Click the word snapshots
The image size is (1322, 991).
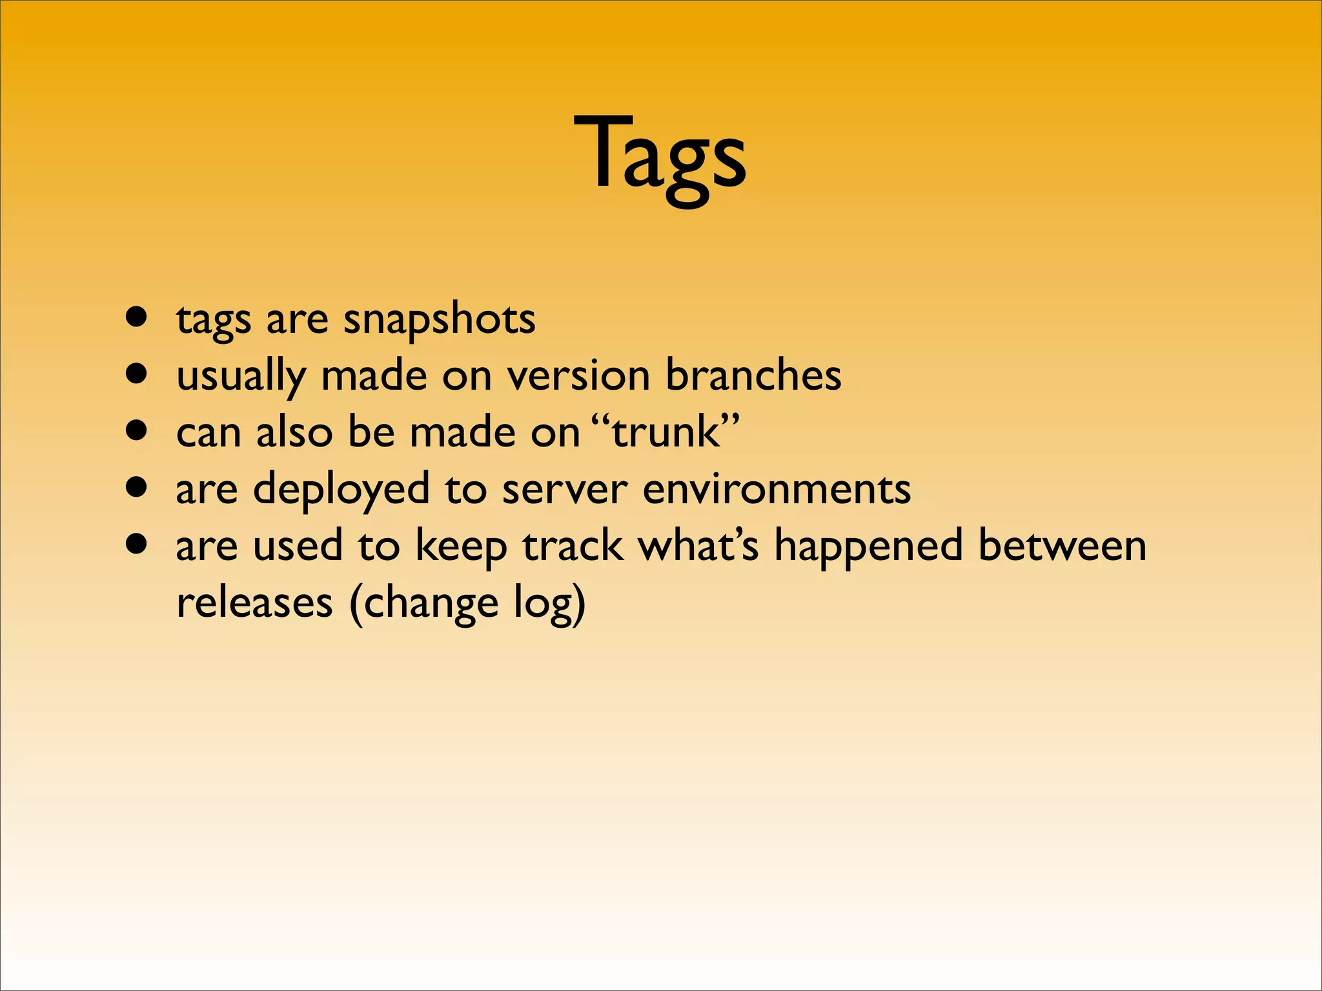click(x=439, y=319)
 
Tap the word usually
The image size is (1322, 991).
click(x=241, y=375)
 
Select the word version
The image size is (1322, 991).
click(x=578, y=375)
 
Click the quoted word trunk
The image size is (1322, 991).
click(x=666, y=432)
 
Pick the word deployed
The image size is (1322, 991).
click(x=341, y=489)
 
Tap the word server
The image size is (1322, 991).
click(x=565, y=489)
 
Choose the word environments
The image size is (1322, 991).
click(x=777, y=489)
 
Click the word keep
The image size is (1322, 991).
click(x=460, y=546)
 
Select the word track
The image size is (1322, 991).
click(x=573, y=546)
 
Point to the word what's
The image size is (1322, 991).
click(x=698, y=546)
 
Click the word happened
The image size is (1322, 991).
click(x=868, y=546)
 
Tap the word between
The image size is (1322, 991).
click(x=1062, y=546)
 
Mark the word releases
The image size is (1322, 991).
click(x=254, y=603)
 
